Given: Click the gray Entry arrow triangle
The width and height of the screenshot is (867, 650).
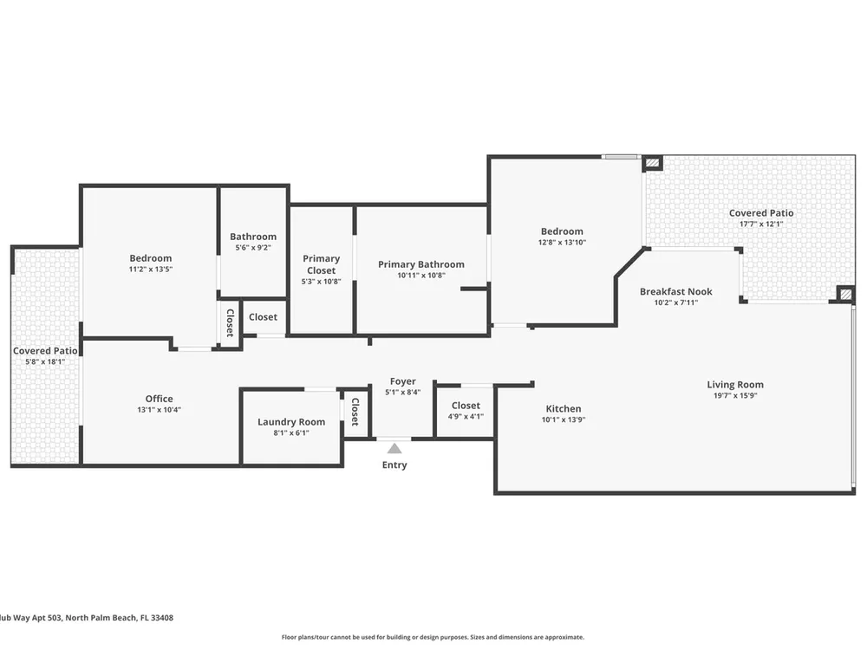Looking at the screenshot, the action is click(x=394, y=448).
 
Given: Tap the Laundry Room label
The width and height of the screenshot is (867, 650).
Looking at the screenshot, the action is click(x=291, y=422).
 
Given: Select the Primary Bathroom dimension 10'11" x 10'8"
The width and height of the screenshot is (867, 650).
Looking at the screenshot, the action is click(x=421, y=276).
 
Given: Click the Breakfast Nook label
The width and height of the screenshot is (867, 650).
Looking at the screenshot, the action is click(x=676, y=291).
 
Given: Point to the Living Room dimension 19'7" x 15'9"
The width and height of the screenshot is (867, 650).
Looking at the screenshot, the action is click(x=735, y=395).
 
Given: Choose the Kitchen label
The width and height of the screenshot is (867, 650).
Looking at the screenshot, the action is click(x=564, y=408).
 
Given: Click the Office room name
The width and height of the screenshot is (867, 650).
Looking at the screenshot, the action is click(x=160, y=399).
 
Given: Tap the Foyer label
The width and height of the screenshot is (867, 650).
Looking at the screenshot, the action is click(x=403, y=381).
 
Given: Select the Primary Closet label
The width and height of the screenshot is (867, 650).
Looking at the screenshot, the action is click(x=322, y=264).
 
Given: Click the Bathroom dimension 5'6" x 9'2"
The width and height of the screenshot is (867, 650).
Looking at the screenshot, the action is click(x=253, y=248).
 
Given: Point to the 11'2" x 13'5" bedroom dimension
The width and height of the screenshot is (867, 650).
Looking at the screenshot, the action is click(x=151, y=270).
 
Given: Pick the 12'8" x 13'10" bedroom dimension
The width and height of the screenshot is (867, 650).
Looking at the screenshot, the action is click(x=563, y=242).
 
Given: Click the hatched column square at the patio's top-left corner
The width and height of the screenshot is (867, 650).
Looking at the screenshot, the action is click(x=653, y=163).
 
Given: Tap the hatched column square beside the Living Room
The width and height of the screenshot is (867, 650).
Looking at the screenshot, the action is click(x=845, y=294).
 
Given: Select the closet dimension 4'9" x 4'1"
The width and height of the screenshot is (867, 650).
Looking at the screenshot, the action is click(x=466, y=417).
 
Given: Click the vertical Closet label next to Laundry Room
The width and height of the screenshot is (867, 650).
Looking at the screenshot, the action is click(x=355, y=412).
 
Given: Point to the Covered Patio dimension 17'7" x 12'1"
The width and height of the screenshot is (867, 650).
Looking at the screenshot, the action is click(x=761, y=224).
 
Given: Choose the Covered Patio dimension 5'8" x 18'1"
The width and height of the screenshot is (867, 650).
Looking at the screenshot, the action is click(x=45, y=361).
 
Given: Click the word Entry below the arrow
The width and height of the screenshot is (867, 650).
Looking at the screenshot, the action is click(x=394, y=465).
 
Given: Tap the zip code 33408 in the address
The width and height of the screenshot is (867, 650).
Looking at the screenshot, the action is click(x=162, y=618).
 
